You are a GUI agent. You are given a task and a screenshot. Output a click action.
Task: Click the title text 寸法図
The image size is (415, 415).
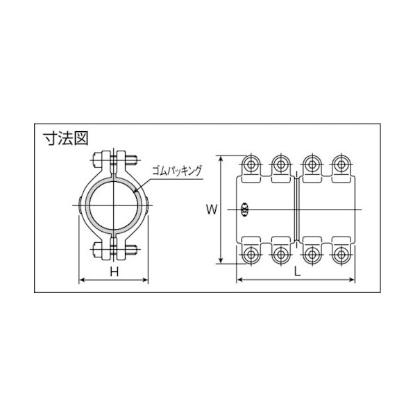tap(65, 138)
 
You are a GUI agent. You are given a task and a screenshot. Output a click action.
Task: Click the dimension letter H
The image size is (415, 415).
tap(114, 271)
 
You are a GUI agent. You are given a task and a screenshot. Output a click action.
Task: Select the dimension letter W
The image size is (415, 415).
tap(212, 210)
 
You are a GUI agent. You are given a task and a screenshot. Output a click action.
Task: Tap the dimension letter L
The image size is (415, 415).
tap(298, 271)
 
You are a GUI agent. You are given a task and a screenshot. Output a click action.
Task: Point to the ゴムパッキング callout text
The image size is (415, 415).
tap(177, 171)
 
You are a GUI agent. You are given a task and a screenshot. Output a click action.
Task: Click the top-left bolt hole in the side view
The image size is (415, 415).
tap(251, 164)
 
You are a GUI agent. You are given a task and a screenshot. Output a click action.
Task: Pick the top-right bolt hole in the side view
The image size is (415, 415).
tap(341, 164)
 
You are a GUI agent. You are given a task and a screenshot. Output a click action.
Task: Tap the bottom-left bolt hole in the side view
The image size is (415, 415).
tap(251, 255)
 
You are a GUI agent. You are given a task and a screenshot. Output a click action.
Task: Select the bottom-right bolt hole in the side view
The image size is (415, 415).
tap(341, 255)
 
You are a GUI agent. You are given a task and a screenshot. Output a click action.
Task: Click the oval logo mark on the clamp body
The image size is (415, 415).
tap(244, 210)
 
